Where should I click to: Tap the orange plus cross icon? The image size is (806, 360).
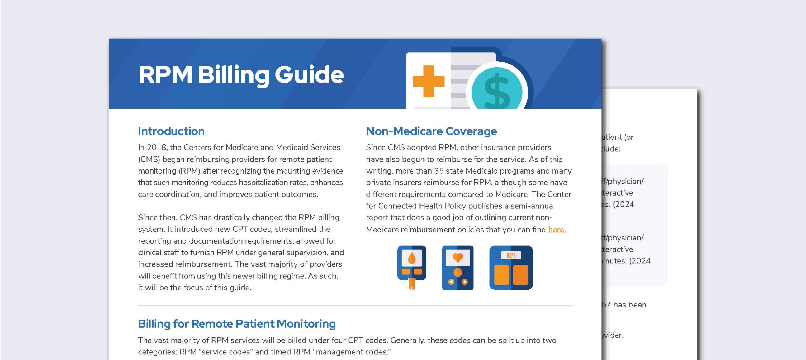tap(428, 81)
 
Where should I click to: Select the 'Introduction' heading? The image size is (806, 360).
tap(171, 131)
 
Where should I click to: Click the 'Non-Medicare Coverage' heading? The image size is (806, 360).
tap(431, 131)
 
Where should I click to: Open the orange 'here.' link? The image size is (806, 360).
tap(557, 230)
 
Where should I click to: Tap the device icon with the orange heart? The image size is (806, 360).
tap(457, 267)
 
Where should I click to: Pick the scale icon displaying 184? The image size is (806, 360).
tap(511, 267)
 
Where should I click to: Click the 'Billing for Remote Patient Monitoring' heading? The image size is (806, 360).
tap(237, 324)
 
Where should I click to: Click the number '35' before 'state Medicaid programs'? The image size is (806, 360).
tap(439, 171)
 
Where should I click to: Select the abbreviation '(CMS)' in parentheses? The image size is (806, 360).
tap(149, 159)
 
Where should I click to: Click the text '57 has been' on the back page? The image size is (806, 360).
tap(624, 304)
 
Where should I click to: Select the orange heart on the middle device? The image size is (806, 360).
tap(457, 257)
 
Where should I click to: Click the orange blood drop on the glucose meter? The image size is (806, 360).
tap(411, 259)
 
